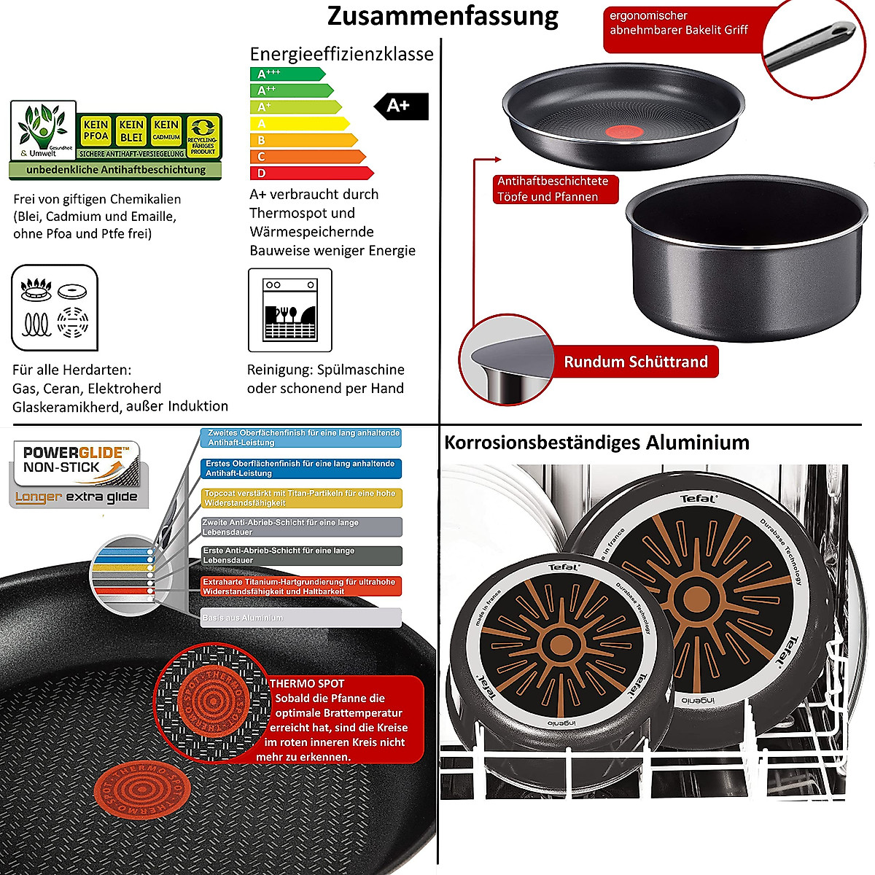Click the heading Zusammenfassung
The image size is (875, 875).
click(x=443, y=16)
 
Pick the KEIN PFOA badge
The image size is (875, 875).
click(x=96, y=131)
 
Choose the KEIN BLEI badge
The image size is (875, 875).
click(x=131, y=131)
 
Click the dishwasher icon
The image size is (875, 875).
click(x=290, y=310)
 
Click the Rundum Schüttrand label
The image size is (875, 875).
click(x=636, y=362)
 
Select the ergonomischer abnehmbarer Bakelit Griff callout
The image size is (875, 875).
click(x=679, y=23)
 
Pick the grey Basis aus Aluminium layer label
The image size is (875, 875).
click(x=301, y=618)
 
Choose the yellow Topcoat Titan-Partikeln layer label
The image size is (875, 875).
click(x=301, y=498)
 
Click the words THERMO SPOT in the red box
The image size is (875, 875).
click(x=307, y=684)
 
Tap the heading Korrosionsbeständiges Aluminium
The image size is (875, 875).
click(x=596, y=443)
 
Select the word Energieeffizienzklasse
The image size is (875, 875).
click(x=341, y=54)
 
